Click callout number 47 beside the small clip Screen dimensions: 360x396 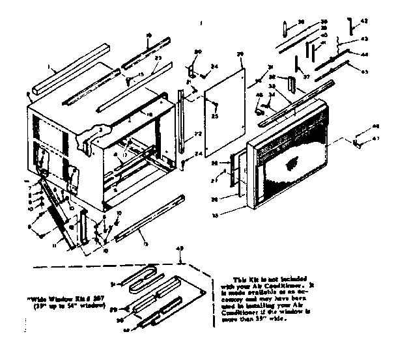click(x=376, y=139)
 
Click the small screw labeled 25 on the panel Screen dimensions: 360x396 click(x=216, y=104)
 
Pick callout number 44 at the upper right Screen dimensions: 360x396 click(x=365, y=54)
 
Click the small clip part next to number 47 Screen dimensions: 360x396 click(x=358, y=140)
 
